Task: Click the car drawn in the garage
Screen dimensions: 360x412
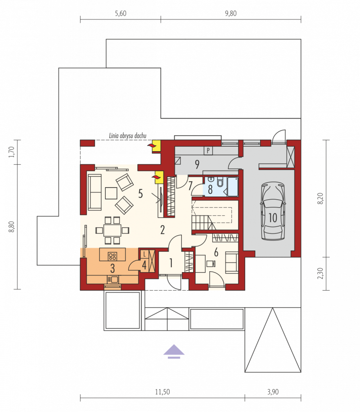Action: pos(272,211)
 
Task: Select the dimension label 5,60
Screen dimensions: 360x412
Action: pos(121,13)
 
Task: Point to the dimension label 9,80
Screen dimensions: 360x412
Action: pos(230,13)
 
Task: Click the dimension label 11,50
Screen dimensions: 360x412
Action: pos(162,392)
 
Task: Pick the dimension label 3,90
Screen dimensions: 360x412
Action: pos(273,392)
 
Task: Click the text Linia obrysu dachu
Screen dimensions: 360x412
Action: pos(127,135)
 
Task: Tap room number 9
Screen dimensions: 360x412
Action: pos(197,164)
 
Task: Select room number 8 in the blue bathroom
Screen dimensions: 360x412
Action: pos(210,189)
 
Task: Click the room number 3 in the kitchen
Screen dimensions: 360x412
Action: pos(112,268)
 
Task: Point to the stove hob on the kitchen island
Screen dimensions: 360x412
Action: pos(112,256)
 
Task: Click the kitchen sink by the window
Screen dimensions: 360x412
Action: pos(113,279)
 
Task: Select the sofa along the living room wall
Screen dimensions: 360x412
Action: pos(94,192)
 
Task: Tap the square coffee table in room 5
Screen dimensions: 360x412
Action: pos(111,193)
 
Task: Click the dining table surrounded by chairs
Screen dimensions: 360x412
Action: pos(112,230)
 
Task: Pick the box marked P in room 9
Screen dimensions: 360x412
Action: pos(208,151)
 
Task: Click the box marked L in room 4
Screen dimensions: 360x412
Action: pos(144,254)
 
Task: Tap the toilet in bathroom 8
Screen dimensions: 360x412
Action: pos(220,182)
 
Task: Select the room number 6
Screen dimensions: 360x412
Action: pos(216,252)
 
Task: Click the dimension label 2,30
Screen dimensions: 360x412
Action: pos(320,273)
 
